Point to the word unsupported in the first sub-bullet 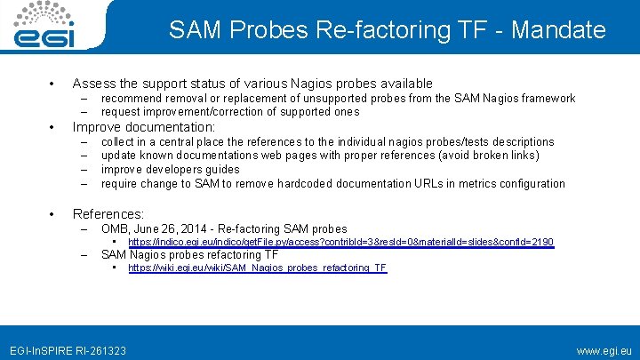[x=327, y=99]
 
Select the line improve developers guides [x=171, y=170]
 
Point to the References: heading [x=108, y=214]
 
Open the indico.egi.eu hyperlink [x=340, y=243]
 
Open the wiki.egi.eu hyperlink [x=258, y=268]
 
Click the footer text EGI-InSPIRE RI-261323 [x=68, y=351]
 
